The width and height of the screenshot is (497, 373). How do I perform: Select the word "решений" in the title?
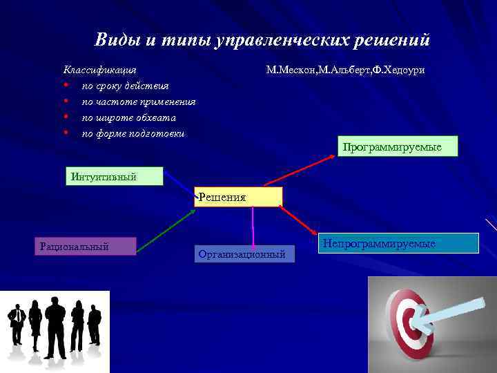[x=392, y=39]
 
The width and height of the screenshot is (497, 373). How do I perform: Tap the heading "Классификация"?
[x=100, y=70]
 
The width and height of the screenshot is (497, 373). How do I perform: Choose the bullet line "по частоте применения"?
[x=139, y=102]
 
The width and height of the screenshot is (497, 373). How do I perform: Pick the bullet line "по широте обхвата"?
[x=129, y=117]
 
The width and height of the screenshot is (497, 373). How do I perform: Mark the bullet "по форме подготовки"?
[x=133, y=133]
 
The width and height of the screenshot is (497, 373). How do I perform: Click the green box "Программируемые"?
[x=398, y=147]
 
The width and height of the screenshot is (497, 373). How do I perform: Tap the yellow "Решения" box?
[x=239, y=197]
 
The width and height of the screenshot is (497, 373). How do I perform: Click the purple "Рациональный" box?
[x=86, y=246]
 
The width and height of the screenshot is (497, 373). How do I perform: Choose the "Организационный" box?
[x=244, y=254]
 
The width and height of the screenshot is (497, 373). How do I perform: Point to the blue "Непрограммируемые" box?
[x=398, y=243]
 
